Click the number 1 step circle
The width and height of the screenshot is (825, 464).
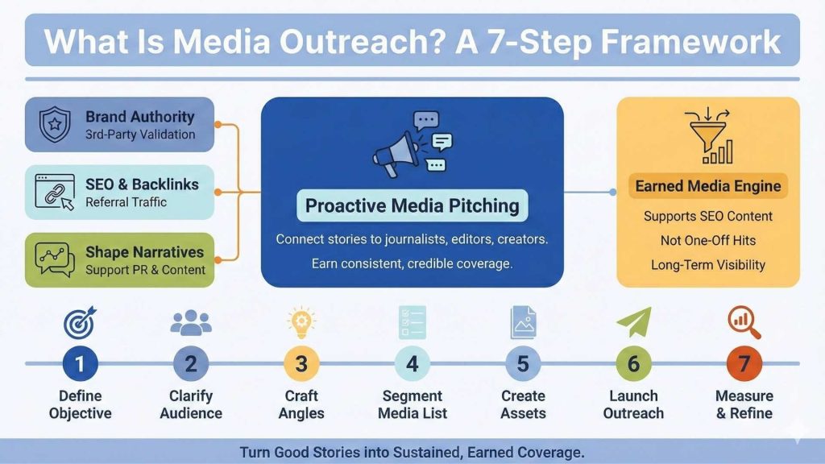80,364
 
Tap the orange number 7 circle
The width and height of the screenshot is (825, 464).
744,364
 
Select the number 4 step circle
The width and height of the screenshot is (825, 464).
412,364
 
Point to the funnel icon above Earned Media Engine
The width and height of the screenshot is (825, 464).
708,138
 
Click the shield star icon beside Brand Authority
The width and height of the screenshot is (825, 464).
54,125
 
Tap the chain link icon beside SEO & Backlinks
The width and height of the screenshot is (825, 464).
55,192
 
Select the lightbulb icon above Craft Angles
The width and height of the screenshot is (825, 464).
301,321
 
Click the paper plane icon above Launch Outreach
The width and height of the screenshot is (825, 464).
633,322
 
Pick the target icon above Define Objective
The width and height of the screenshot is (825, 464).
80,321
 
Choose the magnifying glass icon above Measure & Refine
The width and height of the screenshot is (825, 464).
744,322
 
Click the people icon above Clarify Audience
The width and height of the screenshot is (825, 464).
191,322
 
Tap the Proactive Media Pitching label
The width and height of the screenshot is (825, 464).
412,205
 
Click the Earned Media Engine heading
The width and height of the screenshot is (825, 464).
708,187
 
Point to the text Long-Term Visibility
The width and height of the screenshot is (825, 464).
708,264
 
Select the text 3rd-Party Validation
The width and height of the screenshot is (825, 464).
140,135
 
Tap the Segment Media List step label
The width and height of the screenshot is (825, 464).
412,404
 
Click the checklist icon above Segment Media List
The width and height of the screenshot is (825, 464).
412,322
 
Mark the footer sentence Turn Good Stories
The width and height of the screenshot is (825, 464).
412,452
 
